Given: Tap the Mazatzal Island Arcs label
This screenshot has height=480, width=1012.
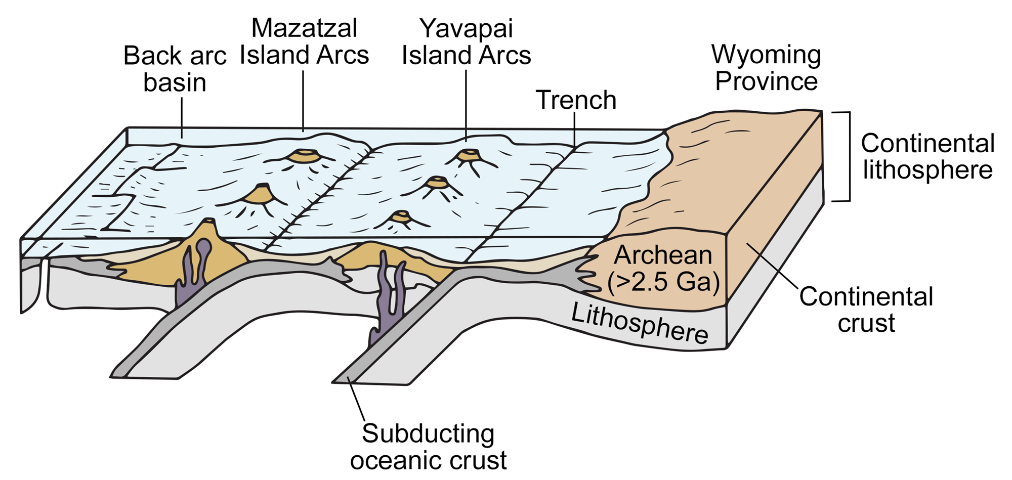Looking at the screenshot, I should pyautogui.click(x=304, y=41).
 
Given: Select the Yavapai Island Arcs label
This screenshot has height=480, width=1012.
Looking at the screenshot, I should pyautogui.click(x=466, y=41).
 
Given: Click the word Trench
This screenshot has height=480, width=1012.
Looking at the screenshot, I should pyautogui.click(x=576, y=100).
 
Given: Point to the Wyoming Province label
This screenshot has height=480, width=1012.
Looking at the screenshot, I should pyautogui.click(x=766, y=68).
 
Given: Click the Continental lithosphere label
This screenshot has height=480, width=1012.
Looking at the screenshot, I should pyautogui.click(x=927, y=156).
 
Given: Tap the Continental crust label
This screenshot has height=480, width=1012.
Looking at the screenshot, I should pyautogui.click(x=866, y=310).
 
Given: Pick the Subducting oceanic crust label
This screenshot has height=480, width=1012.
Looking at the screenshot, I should pyautogui.click(x=428, y=447).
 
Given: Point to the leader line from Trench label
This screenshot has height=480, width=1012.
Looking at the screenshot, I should pyautogui.click(x=575, y=129).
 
